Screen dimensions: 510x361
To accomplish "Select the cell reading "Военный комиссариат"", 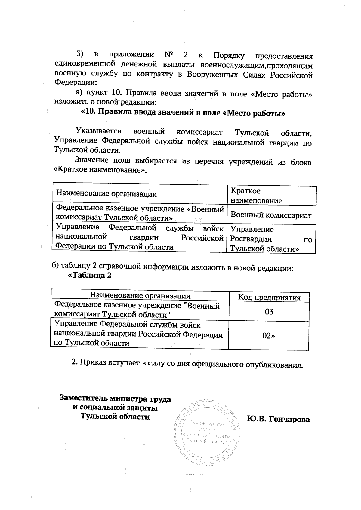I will [271, 215].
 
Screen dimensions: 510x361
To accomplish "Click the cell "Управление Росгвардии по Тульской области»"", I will [271, 239].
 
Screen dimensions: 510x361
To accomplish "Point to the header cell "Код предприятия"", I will [269, 298].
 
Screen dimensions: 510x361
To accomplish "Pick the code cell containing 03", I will [269, 312].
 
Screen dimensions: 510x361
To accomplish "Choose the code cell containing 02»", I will [269, 336].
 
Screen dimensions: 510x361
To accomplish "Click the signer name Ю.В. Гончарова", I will [278, 419].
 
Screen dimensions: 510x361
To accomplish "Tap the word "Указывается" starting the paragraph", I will [99, 131].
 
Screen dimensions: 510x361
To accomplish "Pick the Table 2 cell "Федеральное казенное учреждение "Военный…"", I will [137, 310].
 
